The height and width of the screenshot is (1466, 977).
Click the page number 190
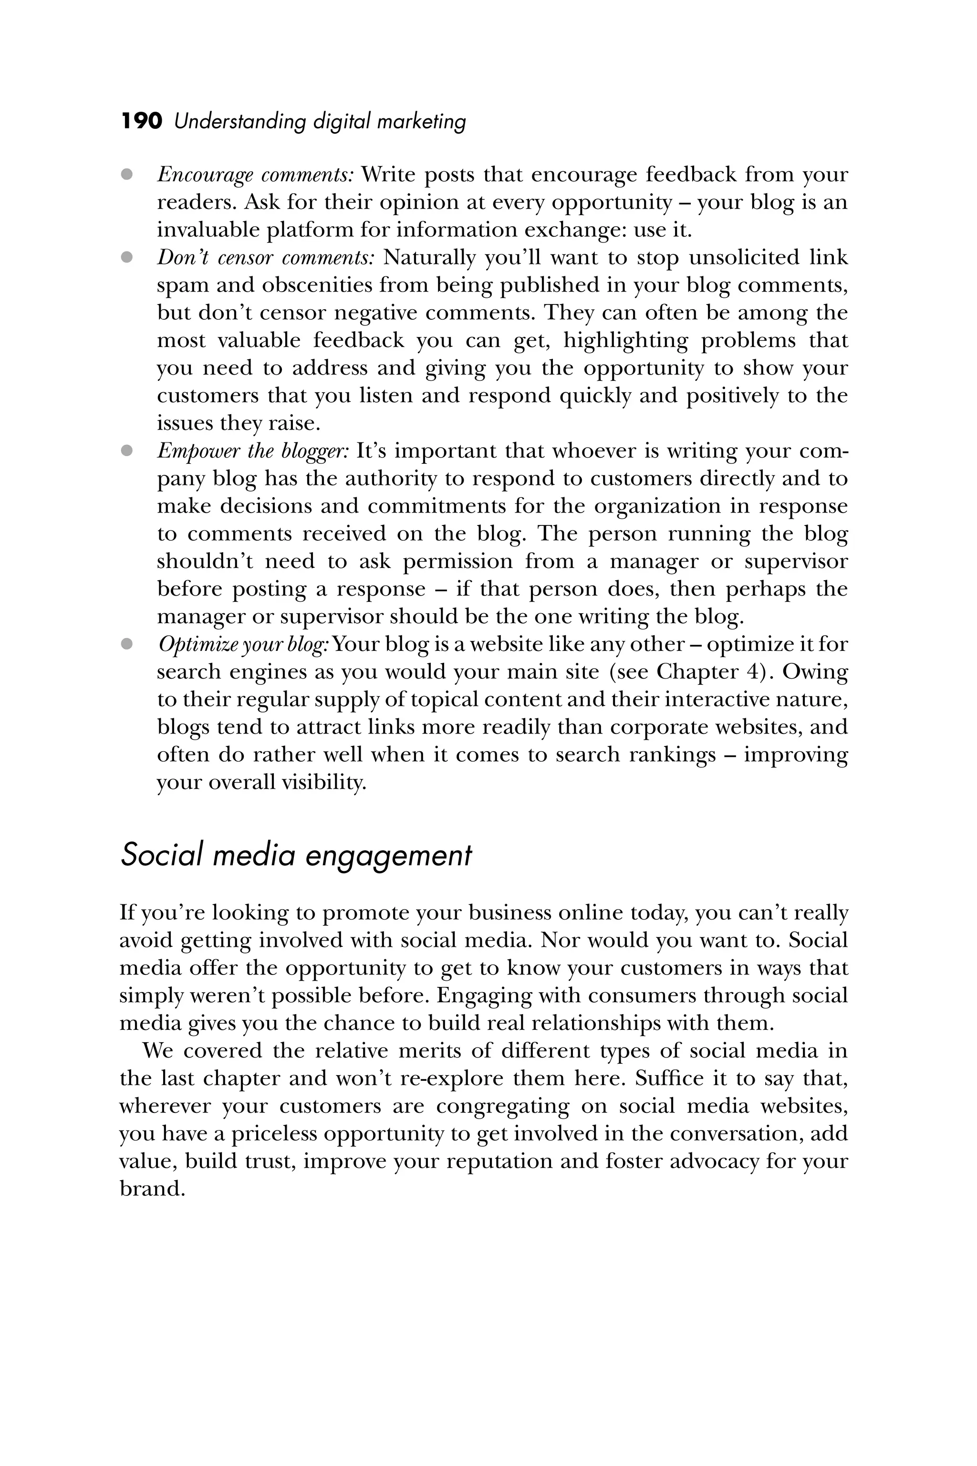[x=141, y=121]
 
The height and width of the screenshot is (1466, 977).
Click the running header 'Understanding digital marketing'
[x=320, y=121]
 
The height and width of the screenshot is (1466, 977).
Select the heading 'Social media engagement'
[x=296, y=856]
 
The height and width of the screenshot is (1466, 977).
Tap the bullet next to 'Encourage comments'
[x=127, y=175]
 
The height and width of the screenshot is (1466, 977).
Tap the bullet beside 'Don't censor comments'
[x=127, y=257]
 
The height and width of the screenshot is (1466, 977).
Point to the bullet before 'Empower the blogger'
[x=127, y=450]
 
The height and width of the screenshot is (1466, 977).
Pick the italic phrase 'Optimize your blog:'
[x=243, y=645]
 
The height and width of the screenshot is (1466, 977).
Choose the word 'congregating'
[x=502, y=1106]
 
